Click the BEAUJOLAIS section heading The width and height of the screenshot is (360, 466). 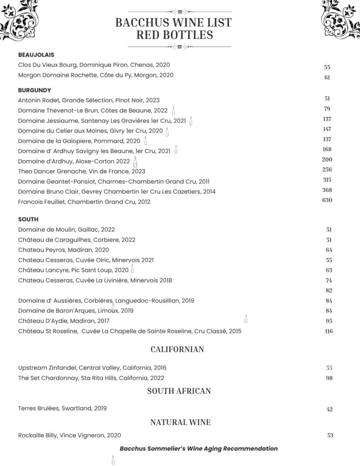click(x=36, y=55)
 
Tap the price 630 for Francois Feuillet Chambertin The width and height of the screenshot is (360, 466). click(x=327, y=200)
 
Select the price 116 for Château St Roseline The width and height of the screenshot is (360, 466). click(x=329, y=331)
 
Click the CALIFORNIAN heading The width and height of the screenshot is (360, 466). click(x=177, y=349)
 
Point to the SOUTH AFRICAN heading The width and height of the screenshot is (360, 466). click(x=179, y=391)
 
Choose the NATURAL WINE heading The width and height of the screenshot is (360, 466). click(x=180, y=422)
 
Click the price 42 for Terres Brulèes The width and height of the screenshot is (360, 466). click(x=330, y=409)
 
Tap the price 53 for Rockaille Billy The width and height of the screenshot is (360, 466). click(x=330, y=436)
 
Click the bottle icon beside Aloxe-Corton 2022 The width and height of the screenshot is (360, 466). click(x=135, y=162)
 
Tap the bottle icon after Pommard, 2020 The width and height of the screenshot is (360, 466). click(x=145, y=141)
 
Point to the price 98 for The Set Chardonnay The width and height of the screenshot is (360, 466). click(x=329, y=378)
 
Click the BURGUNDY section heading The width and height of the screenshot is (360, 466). click(x=35, y=90)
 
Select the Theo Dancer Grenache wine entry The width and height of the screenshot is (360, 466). click(x=81, y=172)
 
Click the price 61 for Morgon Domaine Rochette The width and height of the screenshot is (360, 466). click(x=327, y=77)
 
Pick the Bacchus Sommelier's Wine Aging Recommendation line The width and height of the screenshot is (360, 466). click(x=198, y=449)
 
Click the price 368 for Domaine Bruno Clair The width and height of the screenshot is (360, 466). click(x=327, y=190)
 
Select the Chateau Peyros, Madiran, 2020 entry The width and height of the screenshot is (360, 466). click(x=63, y=250)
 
